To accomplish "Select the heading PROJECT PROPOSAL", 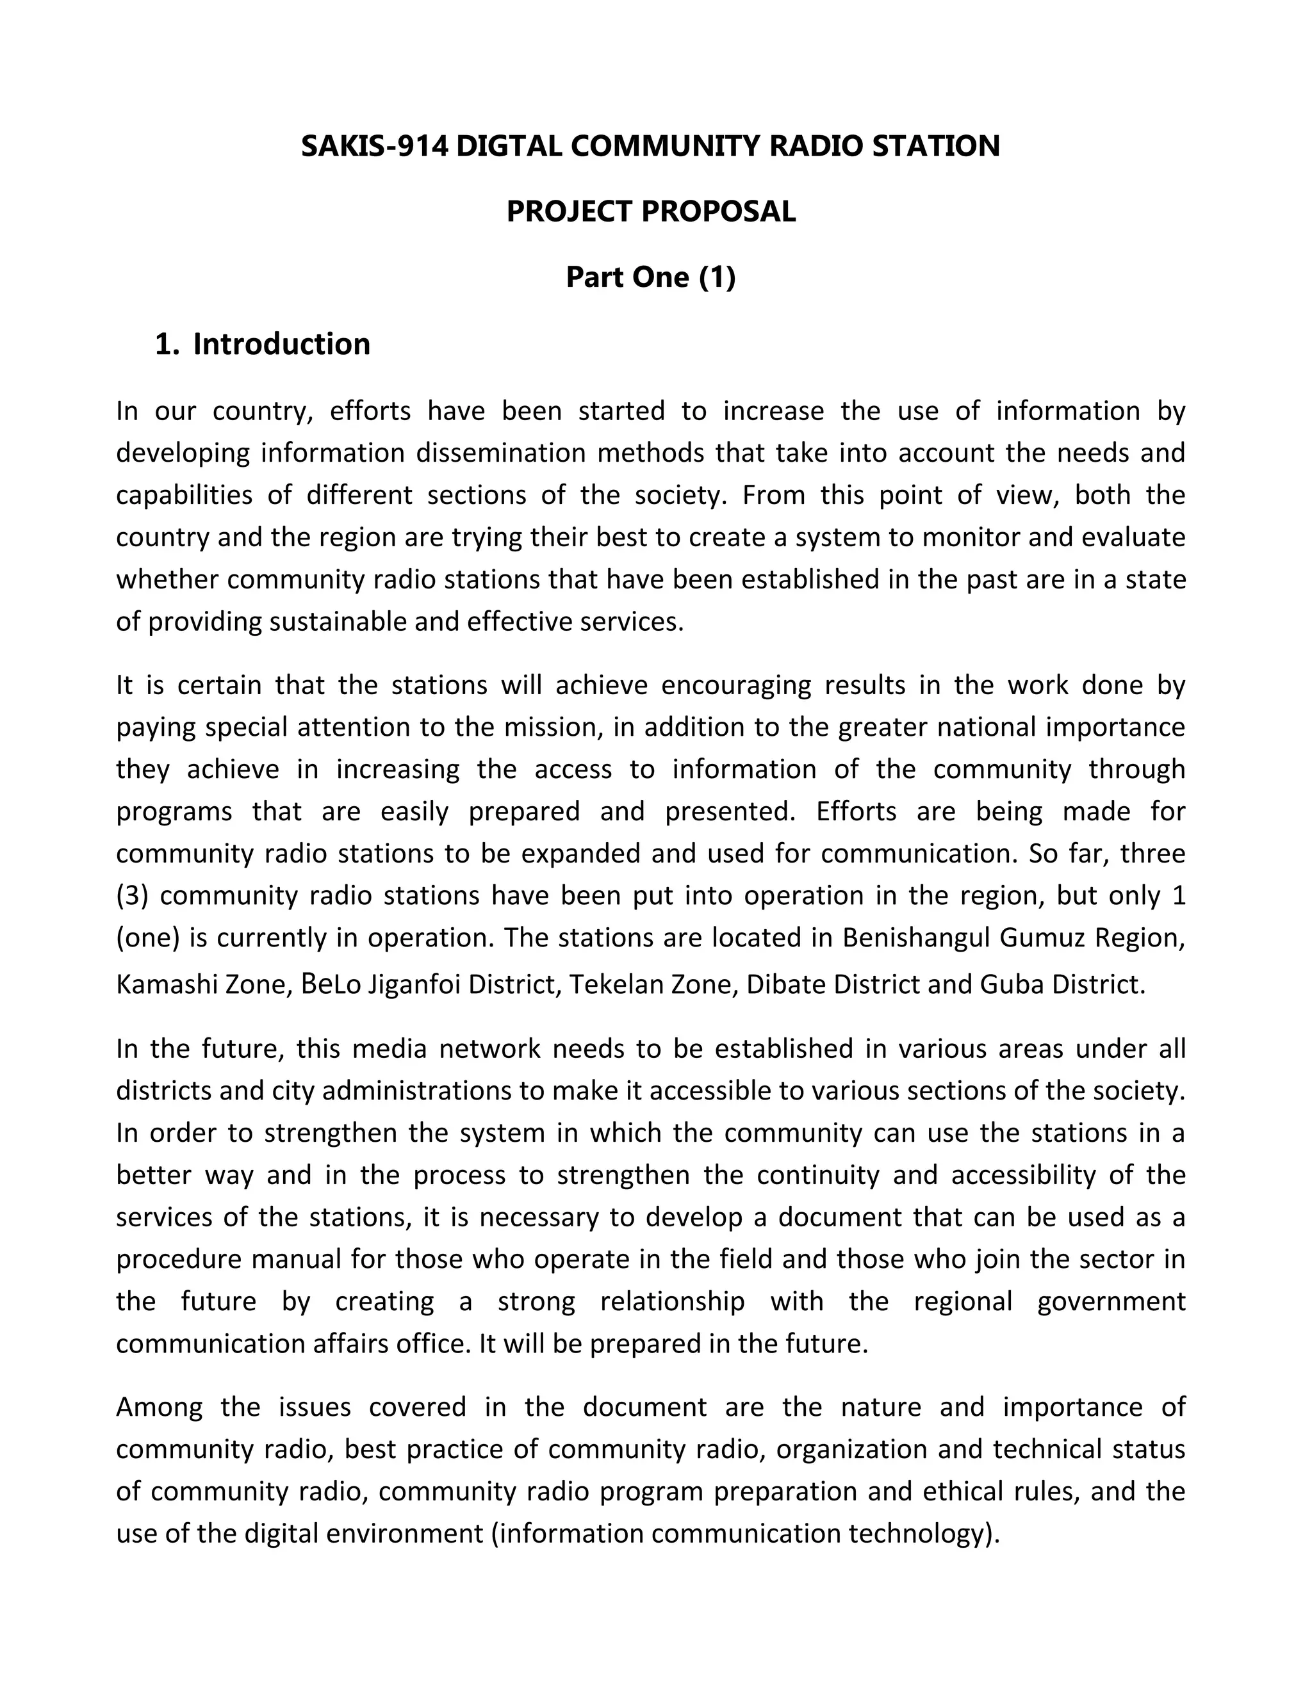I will pos(651,211).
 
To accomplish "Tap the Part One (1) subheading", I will pos(651,277).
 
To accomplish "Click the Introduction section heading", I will pos(281,345).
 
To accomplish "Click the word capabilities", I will pos(184,495).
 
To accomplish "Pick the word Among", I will pos(160,1407).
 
